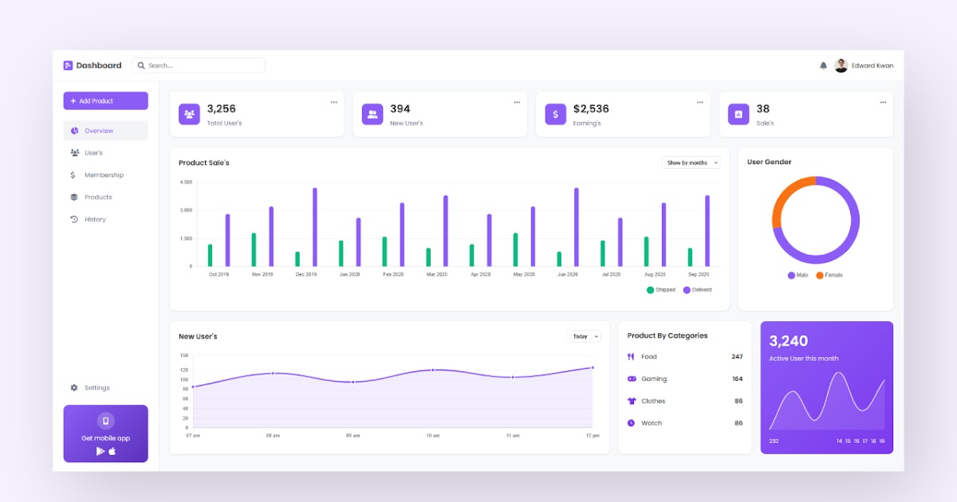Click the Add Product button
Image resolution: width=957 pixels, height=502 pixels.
pyautogui.click(x=105, y=101)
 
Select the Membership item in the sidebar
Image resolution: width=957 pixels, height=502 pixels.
pyautogui.click(x=104, y=175)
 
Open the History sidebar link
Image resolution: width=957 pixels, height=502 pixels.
pyautogui.click(x=95, y=219)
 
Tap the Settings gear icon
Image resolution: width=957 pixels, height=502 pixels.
pyautogui.click(x=74, y=388)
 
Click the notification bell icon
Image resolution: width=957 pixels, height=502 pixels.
pyautogui.click(x=823, y=66)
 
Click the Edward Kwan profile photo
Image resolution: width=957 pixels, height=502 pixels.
pyautogui.click(x=841, y=65)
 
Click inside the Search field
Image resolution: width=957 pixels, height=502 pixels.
pyautogui.click(x=199, y=65)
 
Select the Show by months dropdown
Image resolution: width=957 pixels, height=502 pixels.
pyautogui.click(x=691, y=163)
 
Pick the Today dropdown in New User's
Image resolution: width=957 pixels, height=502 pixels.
pyautogui.click(x=585, y=336)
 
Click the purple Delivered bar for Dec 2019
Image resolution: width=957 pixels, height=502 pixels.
pyautogui.click(x=315, y=227)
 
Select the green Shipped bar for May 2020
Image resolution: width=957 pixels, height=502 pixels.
pyautogui.click(x=515, y=249)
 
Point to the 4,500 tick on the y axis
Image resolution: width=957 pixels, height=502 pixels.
pyautogui.click(x=186, y=182)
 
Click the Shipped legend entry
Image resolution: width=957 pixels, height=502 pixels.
pyautogui.click(x=661, y=290)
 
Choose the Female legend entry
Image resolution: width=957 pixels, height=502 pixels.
pyautogui.click(x=829, y=275)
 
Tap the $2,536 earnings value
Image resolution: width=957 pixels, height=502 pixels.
pyautogui.click(x=591, y=109)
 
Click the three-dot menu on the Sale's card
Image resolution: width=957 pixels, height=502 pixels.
pyautogui.click(x=883, y=102)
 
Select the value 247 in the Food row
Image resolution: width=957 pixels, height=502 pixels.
pyautogui.click(x=736, y=357)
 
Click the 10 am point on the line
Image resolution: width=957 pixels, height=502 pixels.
pyautogui.click(x=432, y=370)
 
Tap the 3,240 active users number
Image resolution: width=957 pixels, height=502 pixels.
pyautogui.click(x=789, y=341)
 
